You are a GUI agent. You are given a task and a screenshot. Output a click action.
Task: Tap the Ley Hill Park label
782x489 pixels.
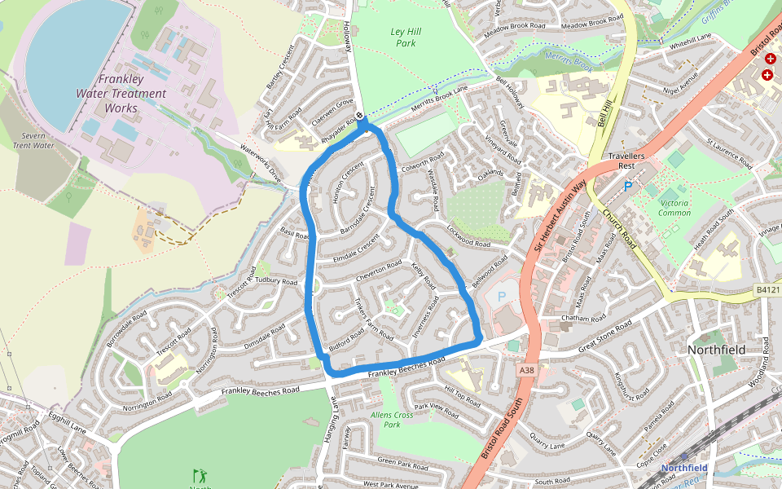(x=404, y=37)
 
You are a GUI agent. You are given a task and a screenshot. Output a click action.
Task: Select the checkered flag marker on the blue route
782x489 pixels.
(x=360, y=117)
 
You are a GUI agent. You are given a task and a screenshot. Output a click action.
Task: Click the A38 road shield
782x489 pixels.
(x=526, y=370)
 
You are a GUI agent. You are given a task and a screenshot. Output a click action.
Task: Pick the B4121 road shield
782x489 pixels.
(x=767, y=289)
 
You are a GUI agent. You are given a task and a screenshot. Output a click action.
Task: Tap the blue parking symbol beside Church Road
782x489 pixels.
(x=628, y=187)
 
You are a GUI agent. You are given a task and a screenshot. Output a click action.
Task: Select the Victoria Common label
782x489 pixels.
(x=674, y=208)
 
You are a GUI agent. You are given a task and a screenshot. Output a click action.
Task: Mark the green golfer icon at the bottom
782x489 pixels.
(x=199, y=474)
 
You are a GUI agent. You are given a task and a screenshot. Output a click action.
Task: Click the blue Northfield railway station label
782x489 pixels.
(x=683, y=468)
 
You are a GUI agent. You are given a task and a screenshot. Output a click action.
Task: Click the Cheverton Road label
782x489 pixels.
(x=379, y=271)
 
